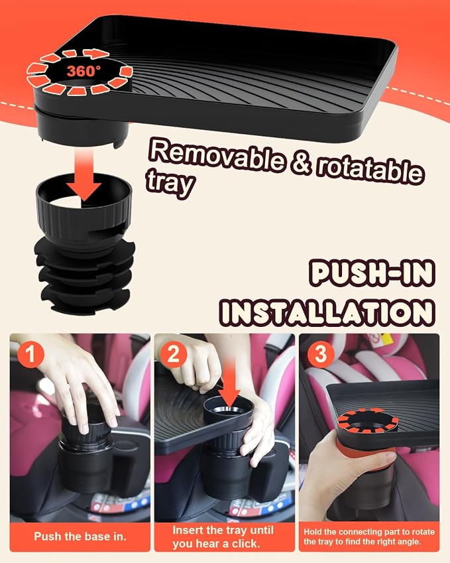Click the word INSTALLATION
point(327,312)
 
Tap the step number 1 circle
point(31,354)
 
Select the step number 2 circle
point(174,354)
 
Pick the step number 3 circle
point(321,354)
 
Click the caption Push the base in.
point(80,536)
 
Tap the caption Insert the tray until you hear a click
point(223,536)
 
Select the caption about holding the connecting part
point(369,536)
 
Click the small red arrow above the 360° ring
point(96,54)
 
